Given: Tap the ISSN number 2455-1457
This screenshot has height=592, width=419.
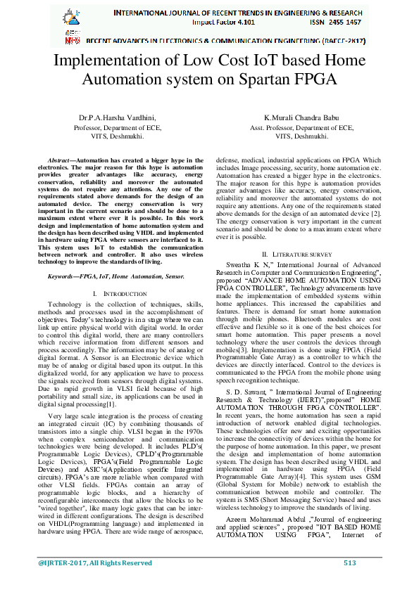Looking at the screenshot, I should click(339, 22).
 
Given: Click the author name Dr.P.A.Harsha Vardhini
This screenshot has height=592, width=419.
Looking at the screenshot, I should click(117, 118).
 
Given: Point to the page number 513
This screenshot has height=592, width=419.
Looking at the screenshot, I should click(349, 582).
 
